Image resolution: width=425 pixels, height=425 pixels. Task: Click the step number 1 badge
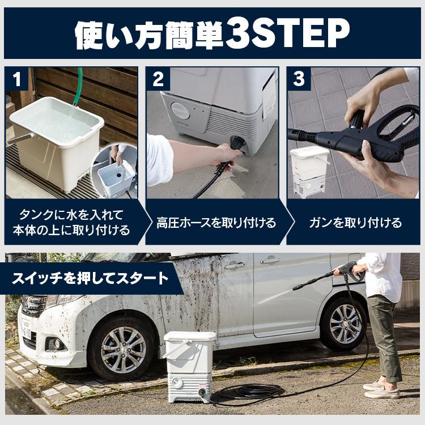click(x=17, y=79)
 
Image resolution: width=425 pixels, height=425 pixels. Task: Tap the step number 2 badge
click(x=158, y=79)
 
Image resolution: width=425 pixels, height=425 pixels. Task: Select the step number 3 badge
click(x=299, y=79)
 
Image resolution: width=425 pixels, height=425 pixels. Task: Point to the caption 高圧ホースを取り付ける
click(x=216, y=223)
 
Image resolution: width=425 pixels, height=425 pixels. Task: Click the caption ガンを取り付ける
click(x=355, y=223)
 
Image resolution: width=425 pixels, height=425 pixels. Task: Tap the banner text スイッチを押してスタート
click(x=90, y=278)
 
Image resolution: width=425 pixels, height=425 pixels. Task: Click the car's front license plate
click(x=26, y=328)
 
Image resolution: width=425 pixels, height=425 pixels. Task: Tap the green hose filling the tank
click(x=78, y=87)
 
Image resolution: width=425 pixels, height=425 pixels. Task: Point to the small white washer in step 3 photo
click(x=309, y=171)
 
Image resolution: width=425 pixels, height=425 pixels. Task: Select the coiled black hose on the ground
click(x=249, y=391)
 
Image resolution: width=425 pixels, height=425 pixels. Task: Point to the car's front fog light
click(x=57, y=344)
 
